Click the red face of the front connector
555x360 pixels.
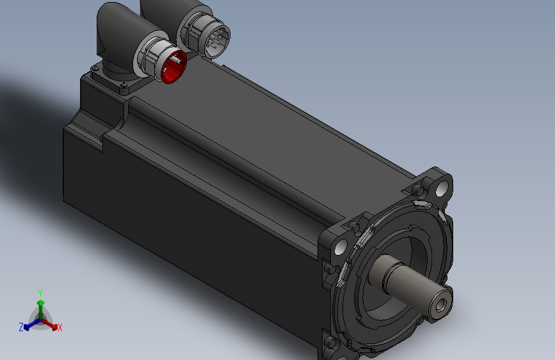pyautogui.click(x=173, y=67)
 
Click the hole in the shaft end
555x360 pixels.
pyautogui.click(x=440, y=305)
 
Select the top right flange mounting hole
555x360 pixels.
pyautogui.click(x=441, y=188)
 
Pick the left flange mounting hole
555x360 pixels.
pyautogui.click(x=341, y=247)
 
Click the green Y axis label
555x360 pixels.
pyautogui.click(x=40, y=293)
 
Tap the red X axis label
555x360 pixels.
pyautogui.click(x=60, y=328)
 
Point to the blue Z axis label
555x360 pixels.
pyautogui.click(x=21, y=327)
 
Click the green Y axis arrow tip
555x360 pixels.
pyautogui.click(x=41, y=302)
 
